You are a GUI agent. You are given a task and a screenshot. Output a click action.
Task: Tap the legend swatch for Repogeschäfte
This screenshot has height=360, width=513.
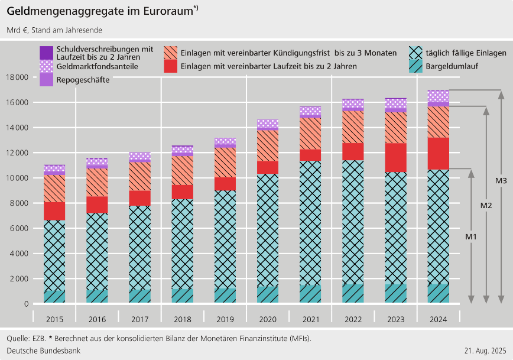pyautogui.click(x=47, y=80)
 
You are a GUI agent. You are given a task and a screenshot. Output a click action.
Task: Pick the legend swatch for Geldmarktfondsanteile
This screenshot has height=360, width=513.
pyautogui.click(x=47, y=66)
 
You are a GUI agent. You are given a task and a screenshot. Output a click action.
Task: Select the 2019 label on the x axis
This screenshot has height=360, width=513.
pyautogui.click(x=225, y=320)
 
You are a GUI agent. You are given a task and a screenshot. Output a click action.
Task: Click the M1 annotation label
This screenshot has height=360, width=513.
pyautogui.click(x=470, y=236)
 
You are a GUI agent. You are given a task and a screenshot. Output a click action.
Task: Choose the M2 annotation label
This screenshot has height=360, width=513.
pyautogui.click(x=486, y=205)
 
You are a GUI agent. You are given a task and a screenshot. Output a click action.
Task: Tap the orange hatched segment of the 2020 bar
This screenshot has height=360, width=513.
pyautogui.click(x=267, y=145)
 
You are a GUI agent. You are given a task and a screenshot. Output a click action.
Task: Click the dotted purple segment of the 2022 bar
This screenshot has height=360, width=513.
pyautogui.click(x=352, y=104)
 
